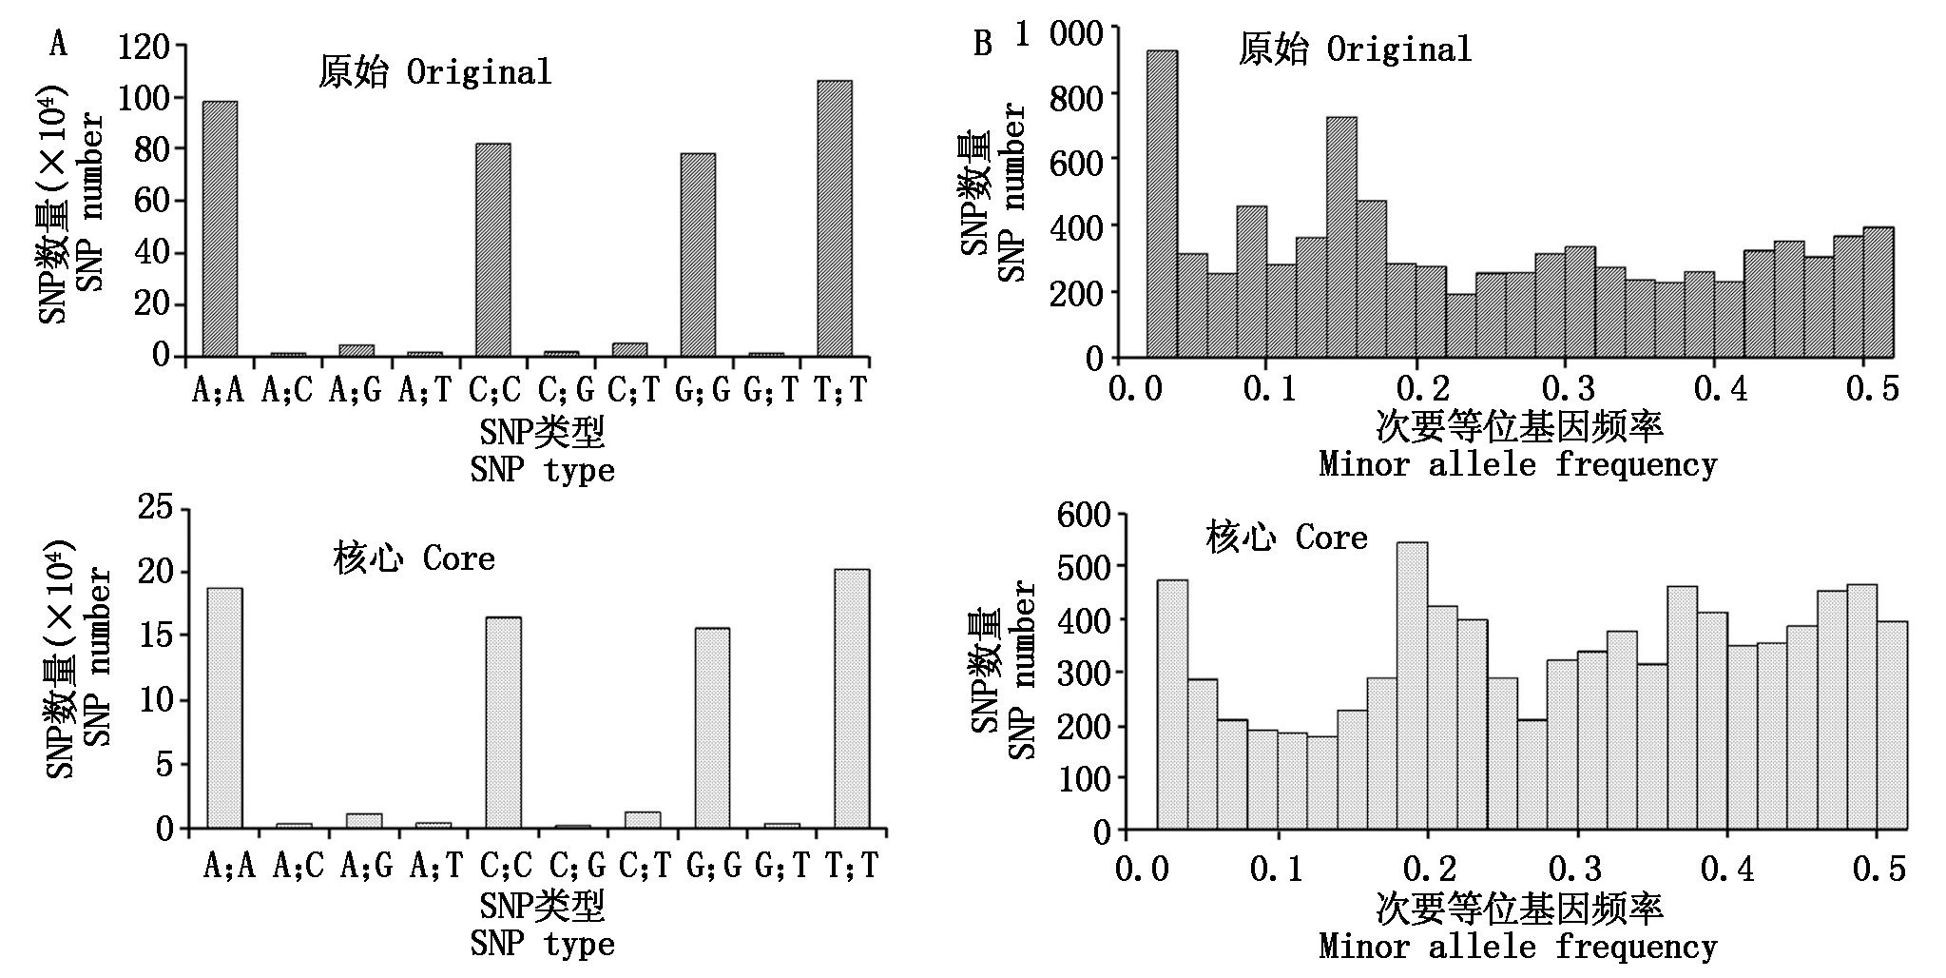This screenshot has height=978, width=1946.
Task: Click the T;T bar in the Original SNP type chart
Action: tap(835, 218)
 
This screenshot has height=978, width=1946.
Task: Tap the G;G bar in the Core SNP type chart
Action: tap(712, 728)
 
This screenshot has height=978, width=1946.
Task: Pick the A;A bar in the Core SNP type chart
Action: tap(224, 708)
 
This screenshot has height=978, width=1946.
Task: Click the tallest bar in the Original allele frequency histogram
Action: tap(1162, 204)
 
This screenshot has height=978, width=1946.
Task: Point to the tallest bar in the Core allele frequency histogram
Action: tap(1412, 686)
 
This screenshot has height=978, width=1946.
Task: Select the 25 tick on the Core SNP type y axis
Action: tap(156, 508)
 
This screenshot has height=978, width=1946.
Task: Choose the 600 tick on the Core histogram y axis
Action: tap(1084, 515)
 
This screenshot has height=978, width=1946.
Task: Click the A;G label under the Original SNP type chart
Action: tap(355, 390)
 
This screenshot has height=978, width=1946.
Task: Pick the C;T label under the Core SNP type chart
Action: tap(645, 865)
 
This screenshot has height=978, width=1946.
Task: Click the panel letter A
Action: tap(59, 44)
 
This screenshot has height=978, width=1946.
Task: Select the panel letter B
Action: tap(983, 44)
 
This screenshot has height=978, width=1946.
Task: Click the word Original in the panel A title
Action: tap(479, 72)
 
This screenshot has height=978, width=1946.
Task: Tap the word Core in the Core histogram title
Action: tap(1331, 538)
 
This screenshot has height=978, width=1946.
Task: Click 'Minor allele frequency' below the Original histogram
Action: tap(1517, 464)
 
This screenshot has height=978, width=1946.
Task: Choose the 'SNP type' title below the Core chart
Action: tap(542, 944)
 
